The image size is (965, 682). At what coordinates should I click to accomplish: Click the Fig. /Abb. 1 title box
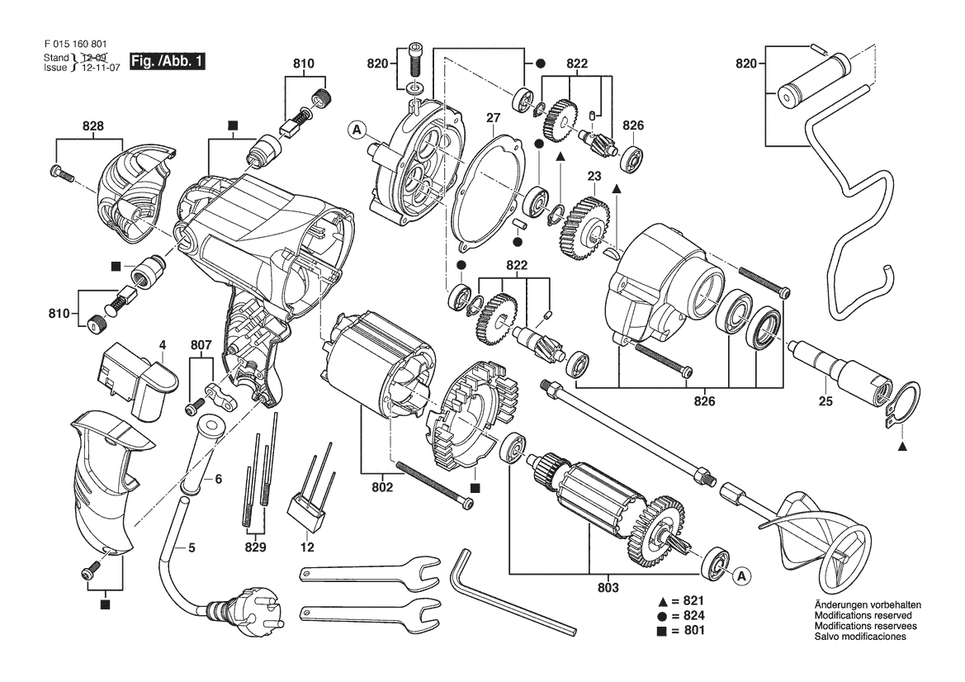click(x=167, y=61)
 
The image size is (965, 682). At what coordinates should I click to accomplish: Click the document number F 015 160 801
click(x=76, y=45)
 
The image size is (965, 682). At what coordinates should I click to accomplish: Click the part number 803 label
click(x=608, y=588)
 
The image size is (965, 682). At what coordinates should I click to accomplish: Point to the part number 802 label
click(x=382, y=487)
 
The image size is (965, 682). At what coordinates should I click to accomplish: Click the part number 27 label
click(x=493, y=117)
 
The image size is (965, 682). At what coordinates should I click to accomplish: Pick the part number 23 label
click(x=594, y=176)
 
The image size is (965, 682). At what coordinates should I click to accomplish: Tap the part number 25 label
click(x=825, y=401)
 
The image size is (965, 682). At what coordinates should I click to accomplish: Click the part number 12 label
click(x=307, y=547)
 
